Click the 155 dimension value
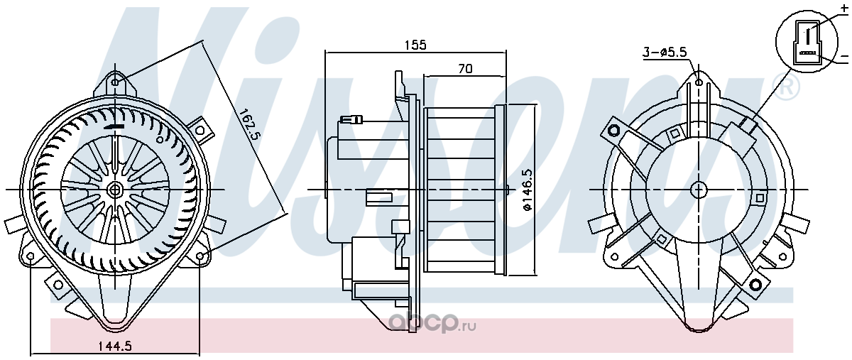pos(415,45)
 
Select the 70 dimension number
pos(465,69)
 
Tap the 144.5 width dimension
pos(115,347)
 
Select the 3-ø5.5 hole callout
pos(665,52)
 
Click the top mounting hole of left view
pos(116,82)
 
